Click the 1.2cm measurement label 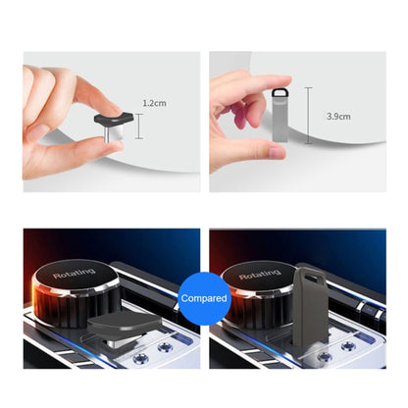tap(155, 102)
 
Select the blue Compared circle tap(204, 297)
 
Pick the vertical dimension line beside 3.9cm tap(311, 116)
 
